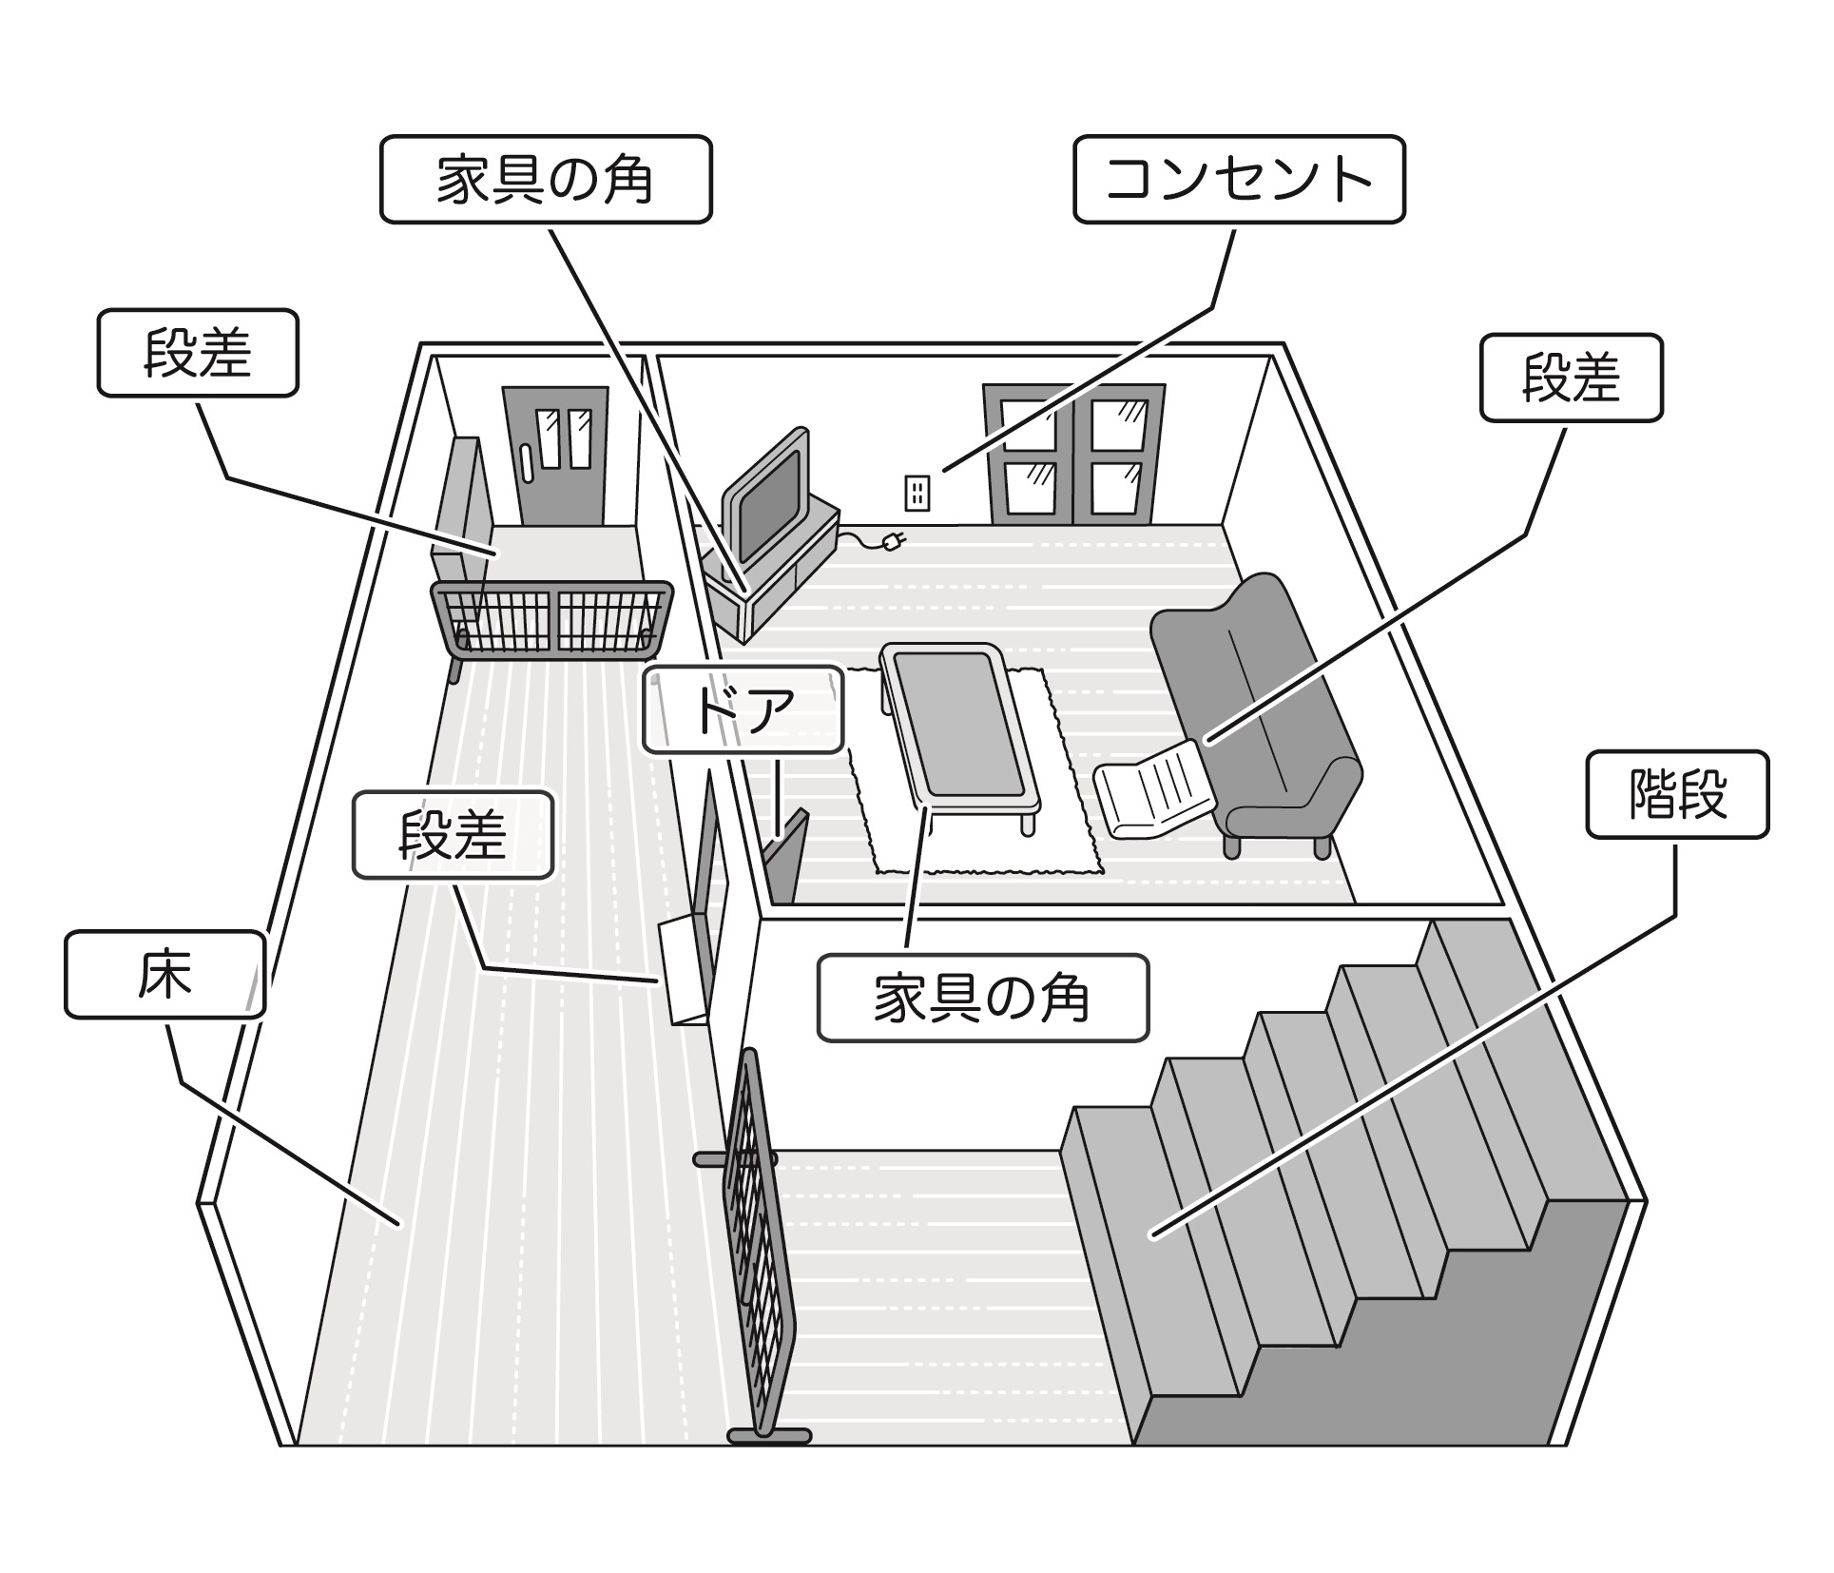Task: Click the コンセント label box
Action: pyautogui.click(x=1238, y=179)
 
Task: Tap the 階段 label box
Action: pyautogui.click(x=1676, y=794)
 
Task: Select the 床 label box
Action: pyautogui.click(x=164, y=974)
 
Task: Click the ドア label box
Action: pyautogui.click(x=743, y=709)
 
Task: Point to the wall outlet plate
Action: pyautogui.click(x=916, y=493)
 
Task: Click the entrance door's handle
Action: pyautogui.click(x=525, y=466)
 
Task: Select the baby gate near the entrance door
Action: pyautogui.click(x=551, y=618)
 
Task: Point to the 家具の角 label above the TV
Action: pyautogui.click(x=545, y=179)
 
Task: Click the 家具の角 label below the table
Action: pyautogui.click(x=982, y=999)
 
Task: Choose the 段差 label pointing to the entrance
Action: pyautogui.click(x=197, y=352)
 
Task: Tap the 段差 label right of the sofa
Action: pyautogui.click(x=1571, y=377)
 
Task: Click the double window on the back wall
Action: pyautogui.click(x=1074, y=454)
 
